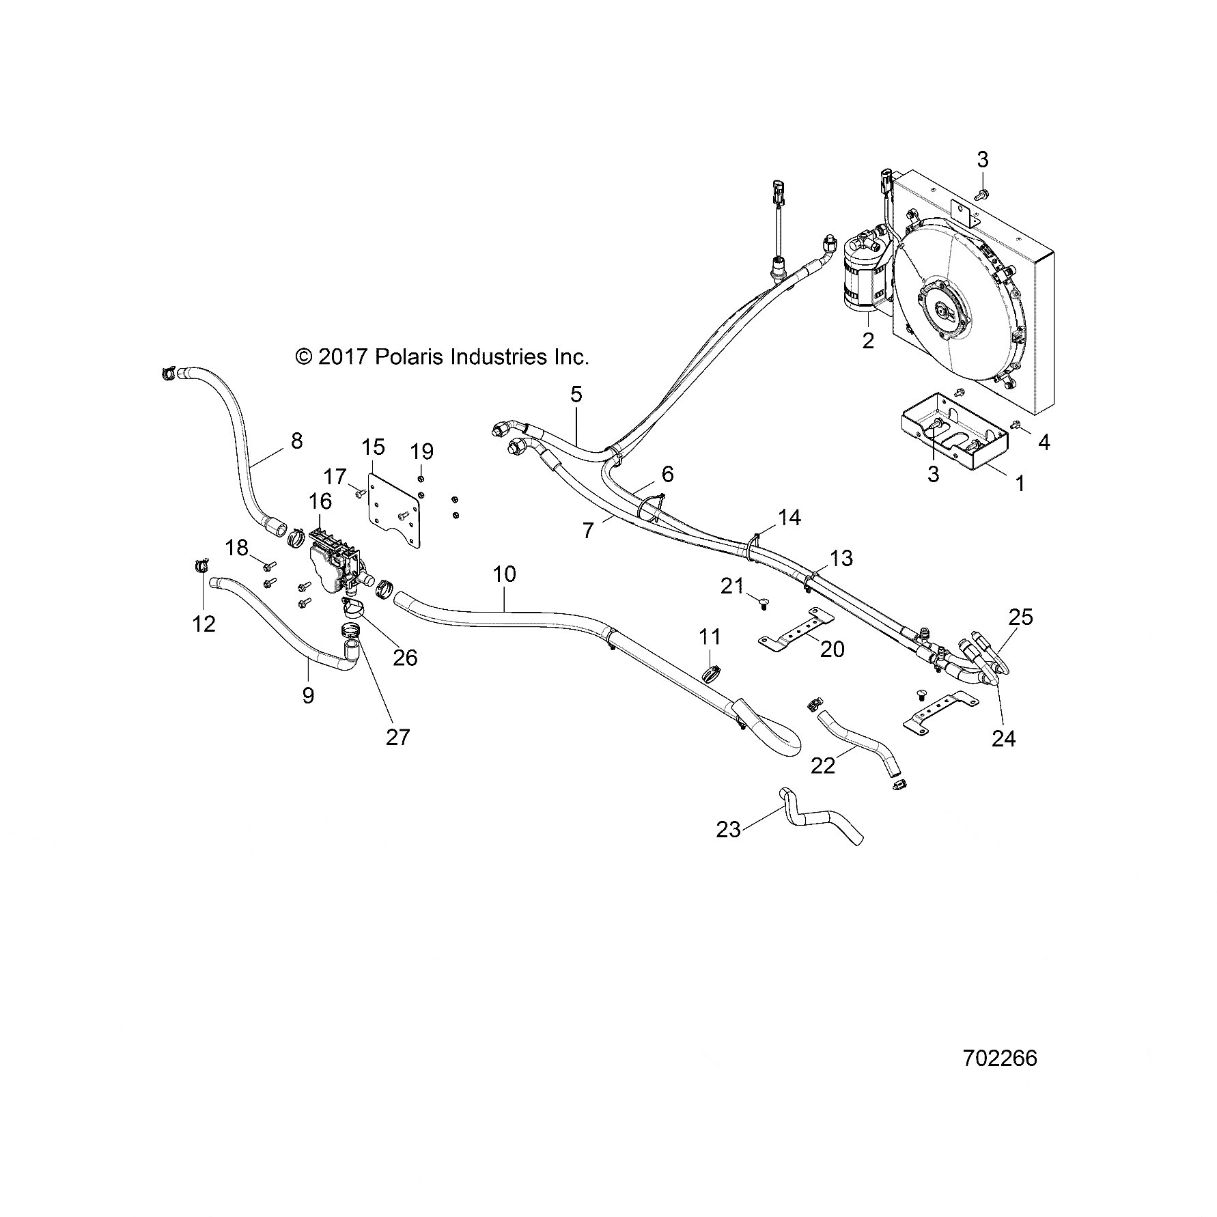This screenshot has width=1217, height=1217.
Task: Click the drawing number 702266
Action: (x=999, y=1058)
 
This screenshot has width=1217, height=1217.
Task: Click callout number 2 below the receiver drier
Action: (x=868, y=341)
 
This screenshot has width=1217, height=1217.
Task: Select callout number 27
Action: (x=398, y=737)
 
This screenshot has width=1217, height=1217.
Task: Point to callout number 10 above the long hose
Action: (x=505, y=574)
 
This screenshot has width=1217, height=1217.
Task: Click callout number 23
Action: (x=729, y=829)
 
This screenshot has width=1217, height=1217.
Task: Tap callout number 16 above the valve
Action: (x=320, y=501)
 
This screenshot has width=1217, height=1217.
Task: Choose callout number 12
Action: (x=204, y=623)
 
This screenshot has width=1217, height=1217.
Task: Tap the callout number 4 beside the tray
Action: (x=1044, y=443)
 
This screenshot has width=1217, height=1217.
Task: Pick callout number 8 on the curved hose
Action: (x=296, y=441)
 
